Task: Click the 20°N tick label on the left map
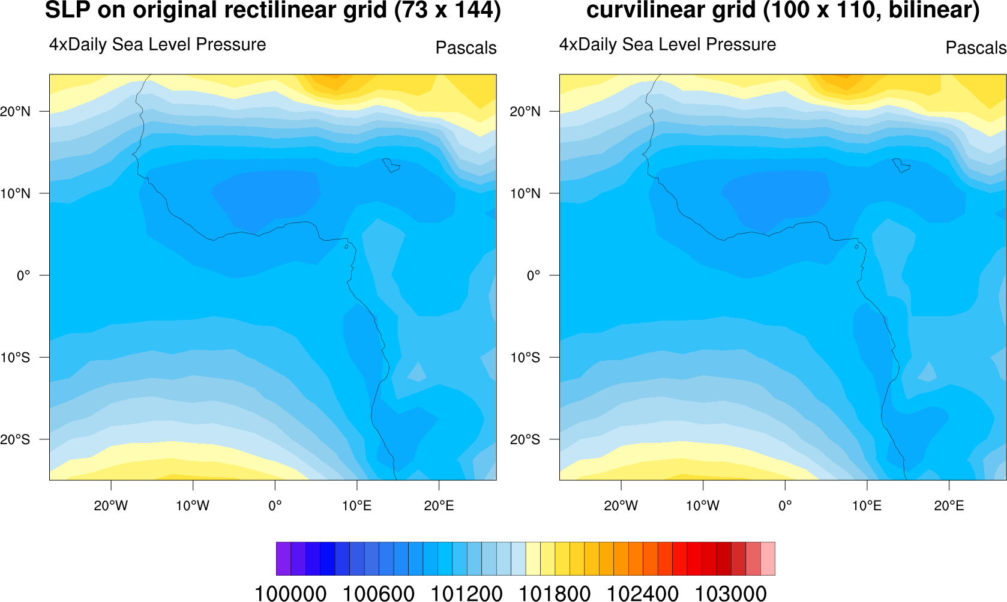click(x=15, y=112)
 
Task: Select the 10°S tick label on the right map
click(x=525, y=358)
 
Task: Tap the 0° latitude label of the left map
click(x=23, y=275)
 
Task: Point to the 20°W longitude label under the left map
click(x=110, y=506)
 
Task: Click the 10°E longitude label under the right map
click(x=867, y=506)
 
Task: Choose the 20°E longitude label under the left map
click(x=439, y=506)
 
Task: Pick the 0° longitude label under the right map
click(x=785, y=506)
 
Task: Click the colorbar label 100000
click(x=290, y=594)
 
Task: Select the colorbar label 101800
click(x=555, y=594)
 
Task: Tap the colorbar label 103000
click(x=730, y=594)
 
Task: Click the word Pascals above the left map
click(x=466, y=48)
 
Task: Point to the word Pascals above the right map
click(x=975, y=48)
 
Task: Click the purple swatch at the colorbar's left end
click(x=283, y=559)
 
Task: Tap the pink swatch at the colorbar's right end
click(x=768, y=559)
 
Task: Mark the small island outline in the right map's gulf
click(x=856, y=246)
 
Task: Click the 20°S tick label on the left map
click(x=15, y=440)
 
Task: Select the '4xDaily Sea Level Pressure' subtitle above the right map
click(x=667, y=44)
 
